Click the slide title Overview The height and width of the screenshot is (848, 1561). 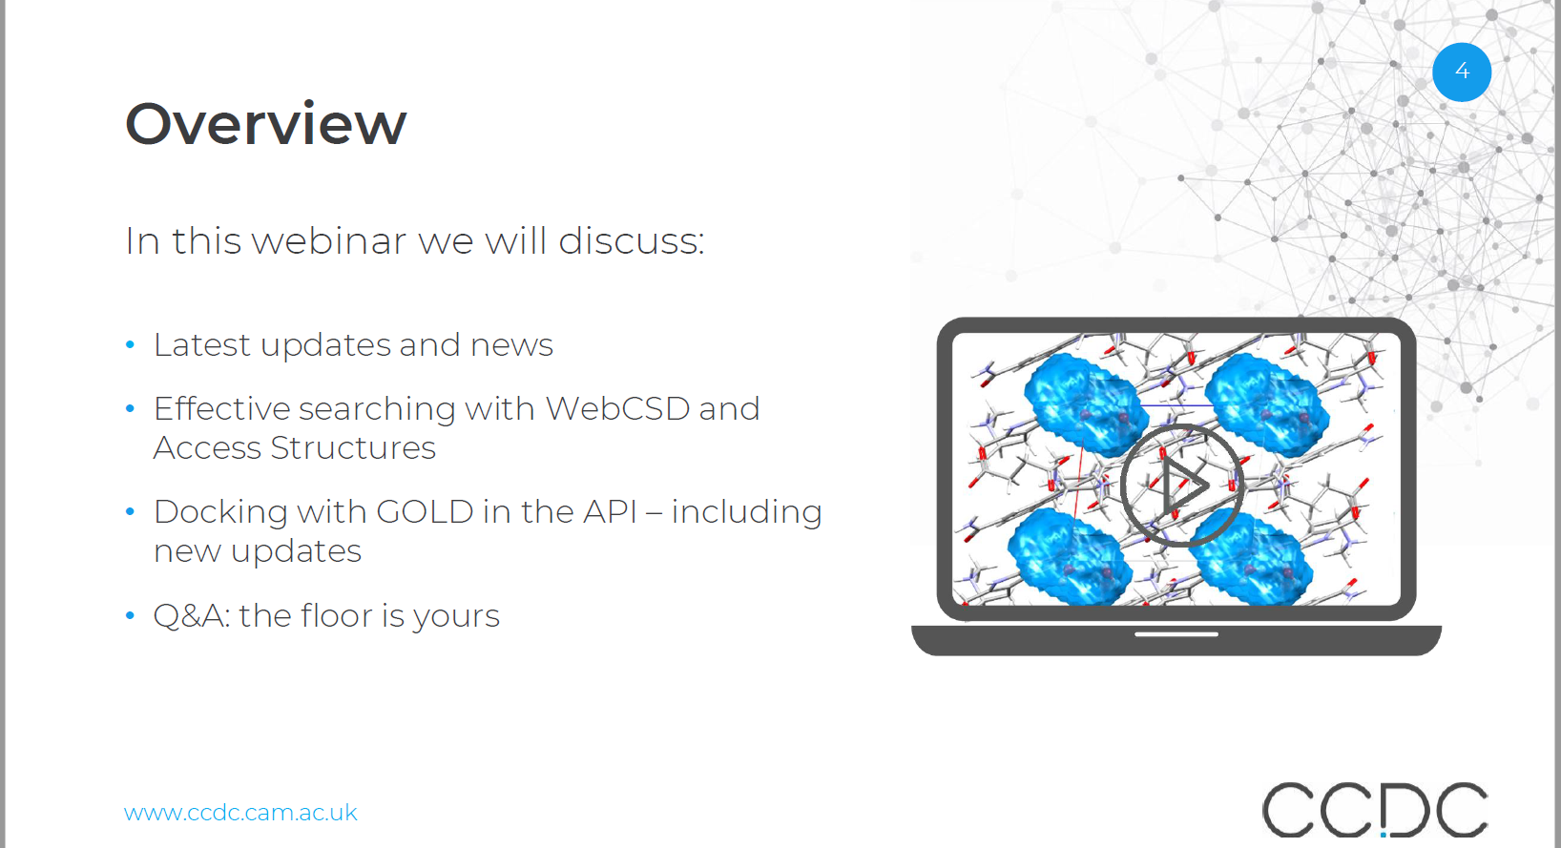pos(265,124)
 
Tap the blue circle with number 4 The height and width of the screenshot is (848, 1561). pos(1462,72)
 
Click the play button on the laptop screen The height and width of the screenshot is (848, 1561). pos(1182,485)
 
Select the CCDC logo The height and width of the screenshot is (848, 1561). pos(1374,810)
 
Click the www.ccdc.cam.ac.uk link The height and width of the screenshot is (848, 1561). pos(240,813)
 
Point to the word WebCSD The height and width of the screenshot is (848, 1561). pos(617,408)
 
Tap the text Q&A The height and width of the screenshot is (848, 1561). pos(192,616)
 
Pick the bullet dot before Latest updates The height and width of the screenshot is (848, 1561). pos(130,344)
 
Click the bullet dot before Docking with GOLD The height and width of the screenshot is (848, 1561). pos(130,511)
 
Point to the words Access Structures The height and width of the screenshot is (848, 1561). pos(294,447)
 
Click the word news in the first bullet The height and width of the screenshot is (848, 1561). pos(511,345)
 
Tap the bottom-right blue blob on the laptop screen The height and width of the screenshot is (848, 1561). pos(1251,557)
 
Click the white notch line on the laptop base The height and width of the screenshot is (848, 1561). pos(1176,634)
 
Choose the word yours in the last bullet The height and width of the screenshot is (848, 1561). pos(456,617)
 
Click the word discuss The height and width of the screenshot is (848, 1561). pos(632,241)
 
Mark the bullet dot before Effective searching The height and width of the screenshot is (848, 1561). pos(130,408)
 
